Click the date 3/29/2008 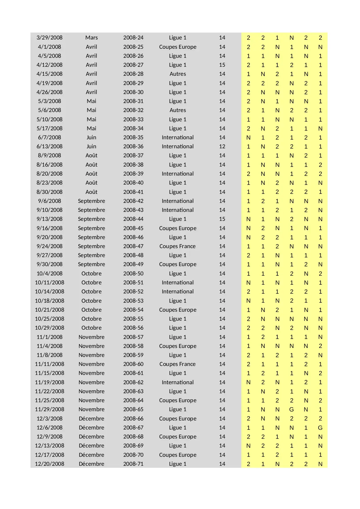(49, 38)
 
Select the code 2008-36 (133, 147)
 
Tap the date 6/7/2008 (49, 138)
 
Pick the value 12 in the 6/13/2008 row (222, 147)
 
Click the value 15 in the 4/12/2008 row (222, 65)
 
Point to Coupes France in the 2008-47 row (178, 246)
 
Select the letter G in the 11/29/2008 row (292, 409)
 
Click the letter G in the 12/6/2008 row (320, 428)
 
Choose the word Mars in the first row (91, 38)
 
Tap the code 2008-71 (133, 464)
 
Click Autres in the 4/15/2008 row (178, 74)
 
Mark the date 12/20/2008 (49, 464)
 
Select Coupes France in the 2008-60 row (178, 364)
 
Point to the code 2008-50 (133, 274)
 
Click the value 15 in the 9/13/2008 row (222, 219)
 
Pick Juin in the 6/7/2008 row (91, 138)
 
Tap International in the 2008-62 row (178, 382)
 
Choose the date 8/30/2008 (49, 192)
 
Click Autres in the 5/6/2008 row (178, 110)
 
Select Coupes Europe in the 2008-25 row (178, 47)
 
